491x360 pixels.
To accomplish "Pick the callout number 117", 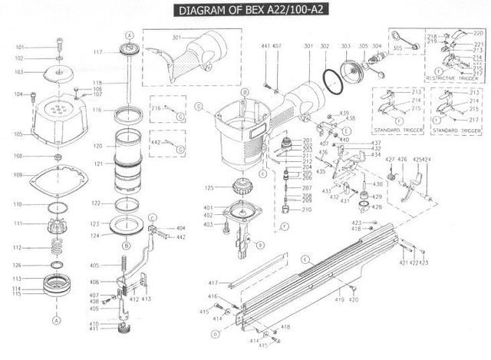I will [98, 51].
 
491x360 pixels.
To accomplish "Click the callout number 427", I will [389, 159].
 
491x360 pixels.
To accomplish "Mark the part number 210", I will [307, 208].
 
